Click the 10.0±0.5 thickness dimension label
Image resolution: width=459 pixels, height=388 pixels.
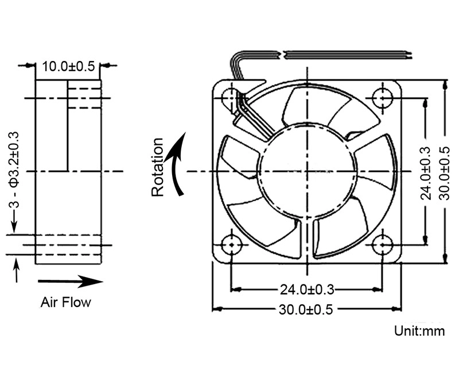click(68, 67)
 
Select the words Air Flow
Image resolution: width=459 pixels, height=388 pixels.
click(65, 302)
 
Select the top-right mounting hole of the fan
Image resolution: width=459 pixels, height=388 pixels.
click(383, 97)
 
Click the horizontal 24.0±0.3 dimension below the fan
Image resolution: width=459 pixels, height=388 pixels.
click(308, 289)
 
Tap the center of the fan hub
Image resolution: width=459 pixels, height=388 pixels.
click(308, 171)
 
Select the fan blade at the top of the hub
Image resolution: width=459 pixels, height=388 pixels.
click(310, 106)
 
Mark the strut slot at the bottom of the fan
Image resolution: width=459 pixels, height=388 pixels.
click(308, 239)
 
